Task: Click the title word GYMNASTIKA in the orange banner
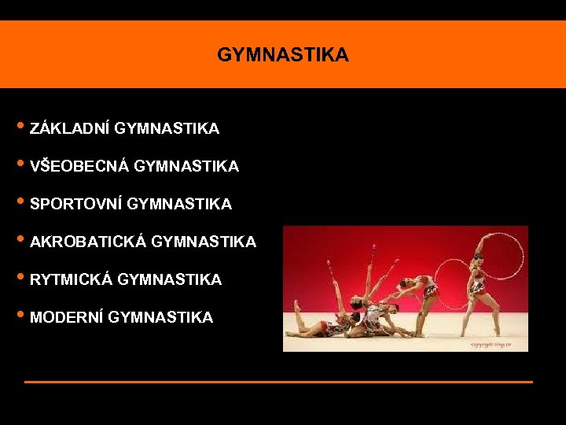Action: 283,55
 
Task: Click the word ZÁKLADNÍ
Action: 69,128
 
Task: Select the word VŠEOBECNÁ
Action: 79,166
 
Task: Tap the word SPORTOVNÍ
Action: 75,204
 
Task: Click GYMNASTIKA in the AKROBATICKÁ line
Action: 204,242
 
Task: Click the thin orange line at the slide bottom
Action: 278,382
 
